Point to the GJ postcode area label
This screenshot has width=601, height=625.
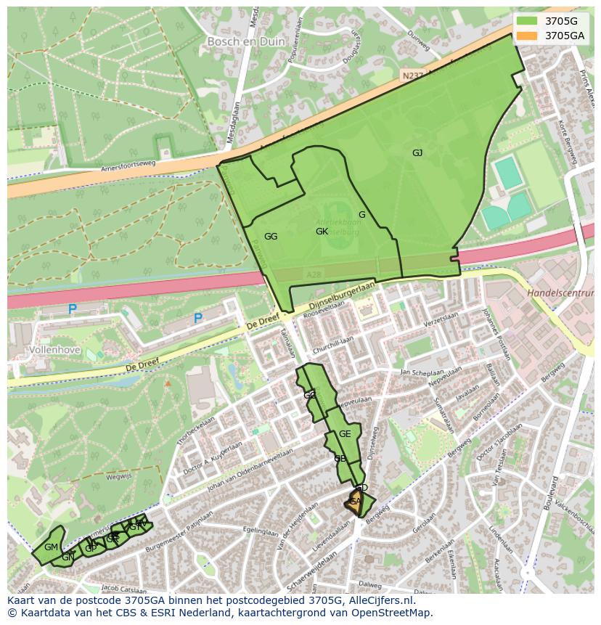[x=417, y=152]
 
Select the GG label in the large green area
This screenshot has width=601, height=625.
[x=271, y=237]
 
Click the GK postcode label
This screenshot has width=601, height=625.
[x=322, y=232]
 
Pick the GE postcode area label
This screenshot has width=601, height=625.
[x=345, y=434]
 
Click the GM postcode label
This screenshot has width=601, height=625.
[x=51, y=547]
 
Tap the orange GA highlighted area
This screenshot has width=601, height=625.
[x=355, y=502]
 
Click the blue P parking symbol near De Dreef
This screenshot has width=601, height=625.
[x=197, y=319]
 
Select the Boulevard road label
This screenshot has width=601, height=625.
[x=554, y=497]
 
